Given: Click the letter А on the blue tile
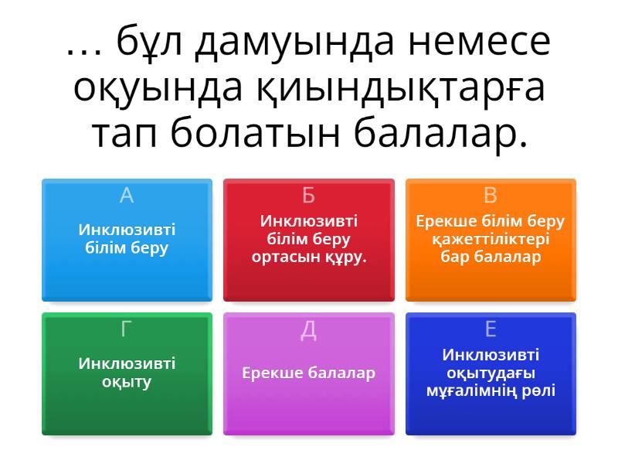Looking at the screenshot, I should (x=127, y=196).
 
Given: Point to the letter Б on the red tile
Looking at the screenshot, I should (x=308, y=196).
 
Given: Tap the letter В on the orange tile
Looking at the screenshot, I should (x=491, y=196).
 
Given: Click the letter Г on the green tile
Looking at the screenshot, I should (x=127, y=329).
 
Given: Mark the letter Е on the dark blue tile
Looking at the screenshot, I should (x=491, y=329).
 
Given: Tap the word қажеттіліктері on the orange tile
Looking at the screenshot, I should (x=491, y=239).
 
